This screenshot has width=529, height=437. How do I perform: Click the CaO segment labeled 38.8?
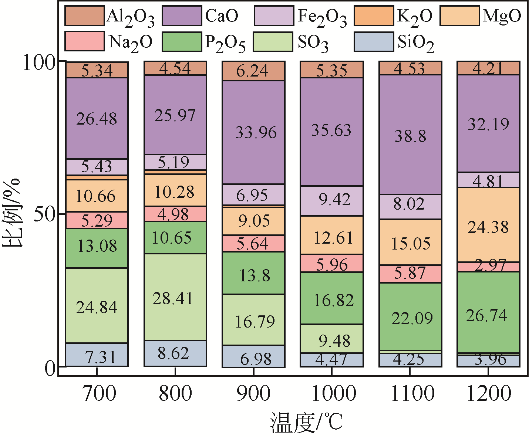click(410, 135)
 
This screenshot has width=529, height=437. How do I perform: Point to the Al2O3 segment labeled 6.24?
click(253, 71)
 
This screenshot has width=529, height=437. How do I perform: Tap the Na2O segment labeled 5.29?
click(97, 220)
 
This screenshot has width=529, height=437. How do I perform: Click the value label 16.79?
click(255, 322)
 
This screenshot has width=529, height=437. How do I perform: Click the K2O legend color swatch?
click(373, 16)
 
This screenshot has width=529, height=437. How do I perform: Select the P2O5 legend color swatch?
click(182, 41)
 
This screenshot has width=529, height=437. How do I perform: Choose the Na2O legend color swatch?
click(84, 41)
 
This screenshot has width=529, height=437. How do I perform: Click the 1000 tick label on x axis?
click(334, 393)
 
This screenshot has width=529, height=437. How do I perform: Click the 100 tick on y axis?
click(39, 62)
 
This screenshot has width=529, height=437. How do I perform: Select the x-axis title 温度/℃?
click(307, 422)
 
